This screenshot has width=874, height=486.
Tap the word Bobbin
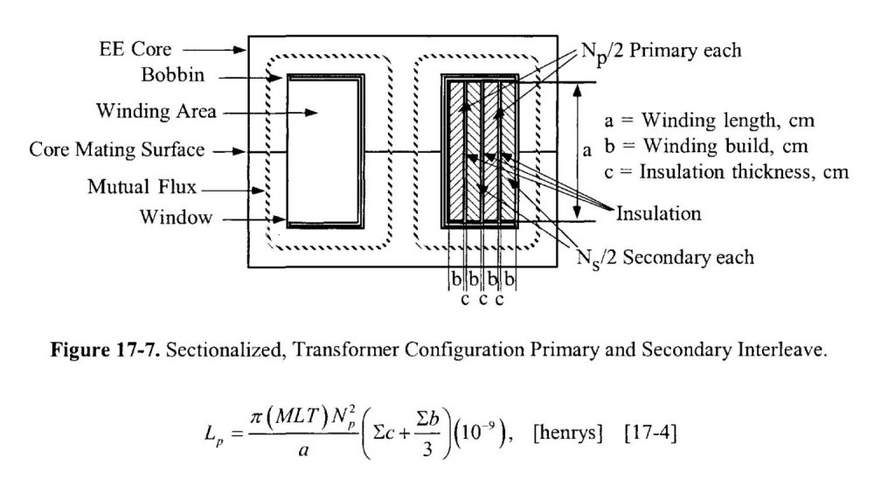(x=173, y=75)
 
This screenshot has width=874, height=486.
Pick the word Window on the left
(x=176, y=218)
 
